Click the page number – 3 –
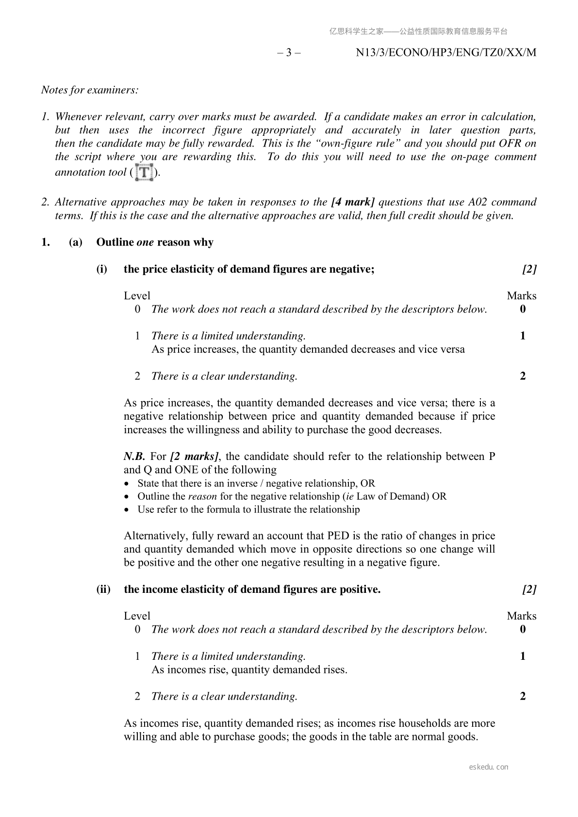[289, 52]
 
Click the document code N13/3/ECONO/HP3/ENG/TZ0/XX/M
[446, 52]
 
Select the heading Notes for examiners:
[90, 90]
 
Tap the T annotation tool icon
[145, 172]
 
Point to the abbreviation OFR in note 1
[510, 143]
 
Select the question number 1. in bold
[46, 242]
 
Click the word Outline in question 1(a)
[115, 242]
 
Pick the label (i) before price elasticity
[102, 269]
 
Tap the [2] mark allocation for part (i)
[529, 269]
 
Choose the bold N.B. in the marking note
[134, 456]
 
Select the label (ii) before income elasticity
[103, 589]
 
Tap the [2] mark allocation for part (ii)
[529, 589]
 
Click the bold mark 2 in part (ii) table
[523, 696]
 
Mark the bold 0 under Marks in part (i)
[523, 309]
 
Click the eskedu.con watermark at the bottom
[489, 767]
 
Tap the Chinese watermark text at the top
[418, 32]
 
